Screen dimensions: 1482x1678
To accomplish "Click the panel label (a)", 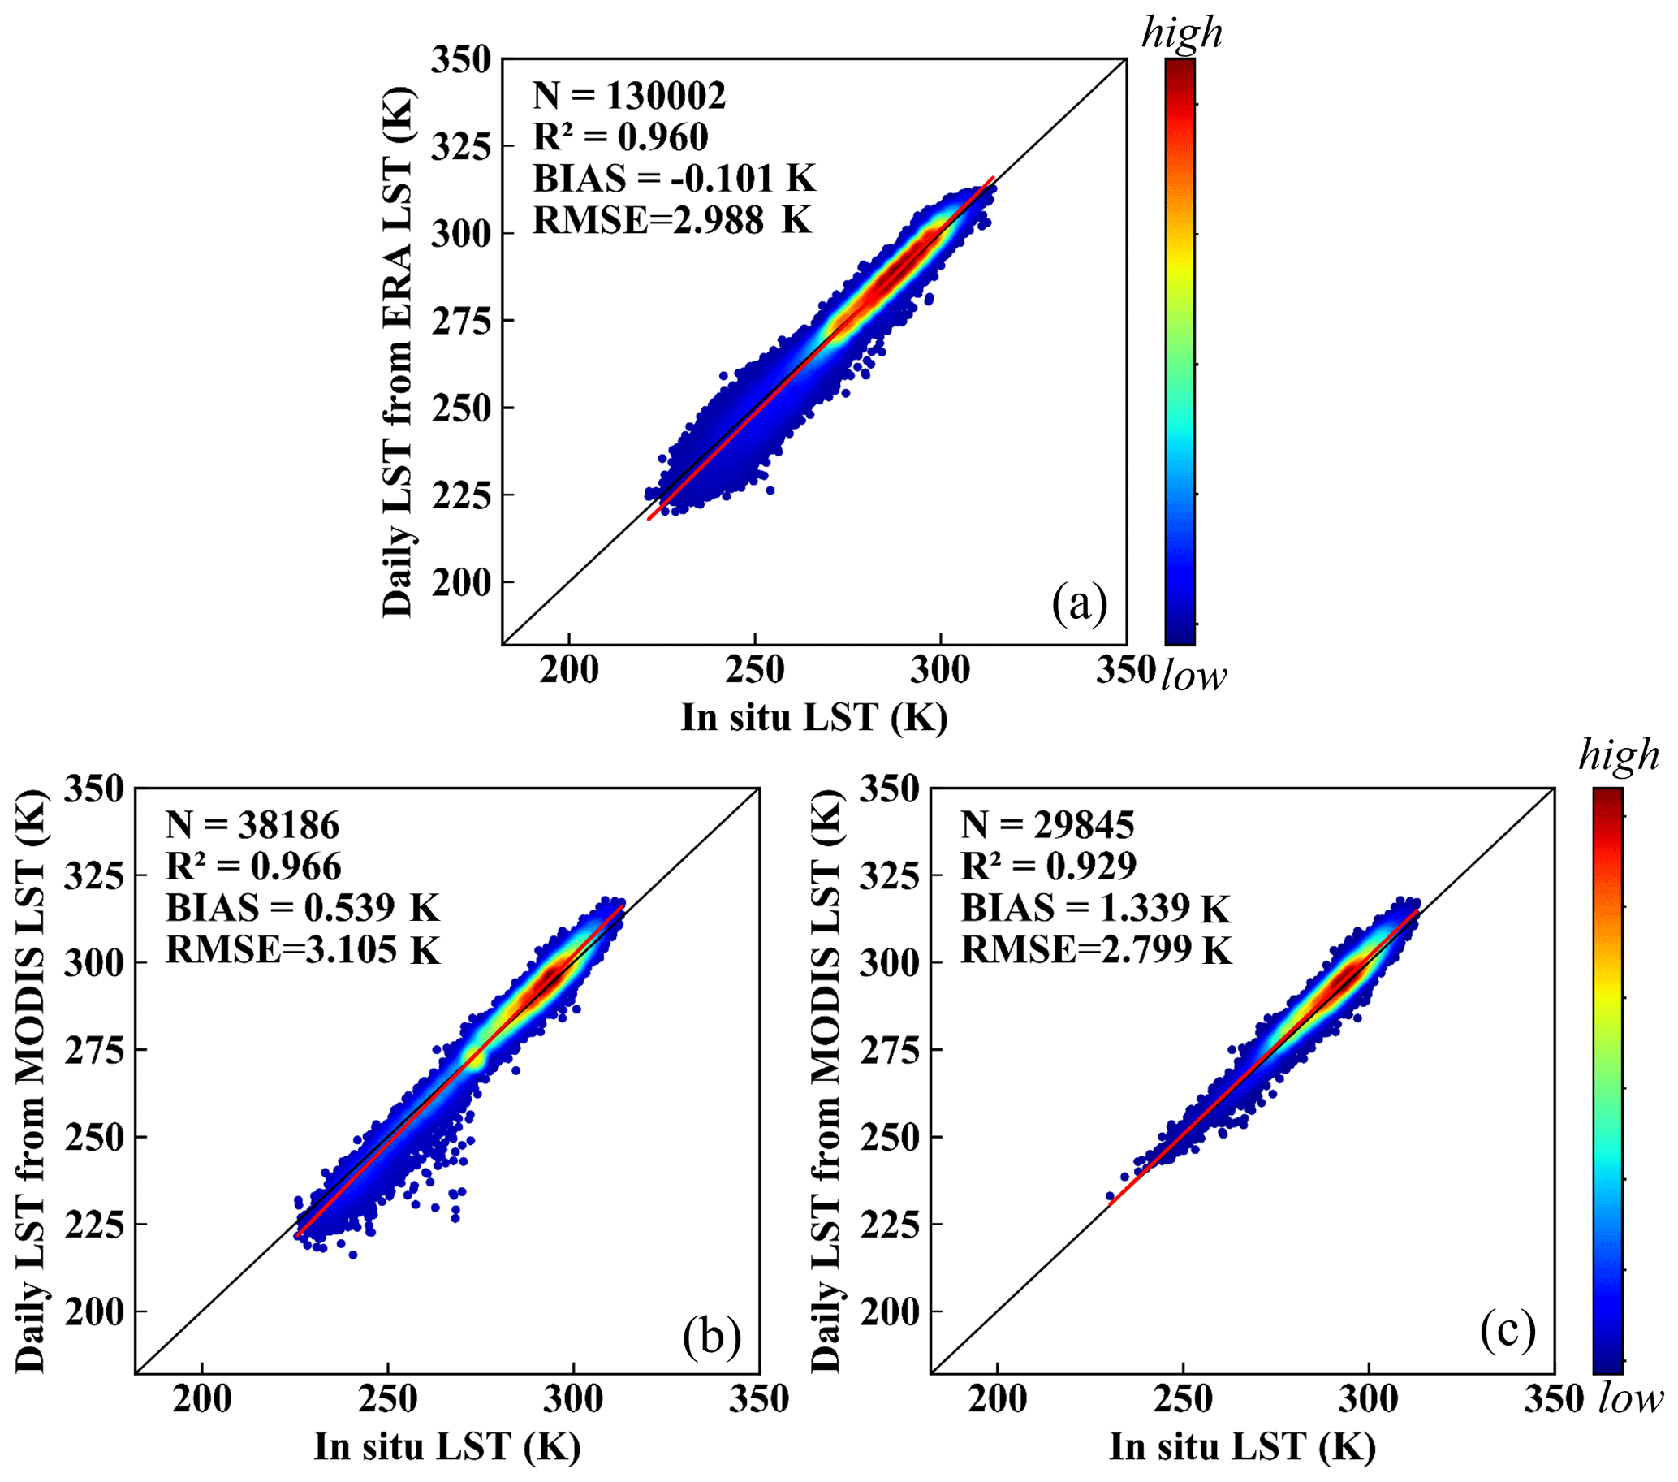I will [1080, 603].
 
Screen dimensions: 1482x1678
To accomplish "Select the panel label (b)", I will [712, 1336].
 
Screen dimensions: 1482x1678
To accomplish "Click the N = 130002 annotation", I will [629, 96].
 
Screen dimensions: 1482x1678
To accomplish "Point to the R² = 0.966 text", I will [253, 866].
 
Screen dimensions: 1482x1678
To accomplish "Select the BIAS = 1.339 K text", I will [1095, 908].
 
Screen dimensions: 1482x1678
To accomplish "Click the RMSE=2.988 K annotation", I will [671, 220].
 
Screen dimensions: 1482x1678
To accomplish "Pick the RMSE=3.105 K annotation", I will [303, 950].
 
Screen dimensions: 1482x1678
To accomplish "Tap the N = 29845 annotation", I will [1047, 825].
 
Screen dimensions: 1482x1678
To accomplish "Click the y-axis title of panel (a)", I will [398, 352].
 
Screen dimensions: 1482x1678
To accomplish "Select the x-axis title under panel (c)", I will [1243, 1446].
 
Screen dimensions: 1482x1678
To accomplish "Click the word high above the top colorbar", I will [1181, 32].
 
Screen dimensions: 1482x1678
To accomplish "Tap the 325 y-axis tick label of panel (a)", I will [461, 147].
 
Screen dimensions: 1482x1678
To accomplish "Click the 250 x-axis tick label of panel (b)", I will [387, 1398].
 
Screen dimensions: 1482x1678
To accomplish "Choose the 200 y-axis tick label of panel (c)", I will [889, 1311].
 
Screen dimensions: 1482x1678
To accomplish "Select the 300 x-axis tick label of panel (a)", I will [940, 669].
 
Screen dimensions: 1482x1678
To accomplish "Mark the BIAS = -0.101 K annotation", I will [674, 178].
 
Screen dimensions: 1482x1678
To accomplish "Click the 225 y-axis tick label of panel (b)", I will [94, 1225].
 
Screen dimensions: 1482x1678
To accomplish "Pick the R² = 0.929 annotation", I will [1048, 866].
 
